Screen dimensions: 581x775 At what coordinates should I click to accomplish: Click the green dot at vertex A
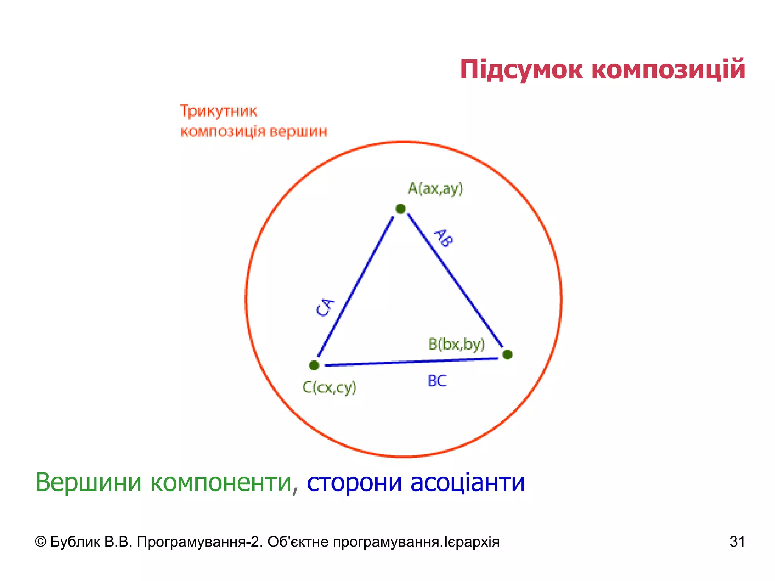pyautogui.click(x=400, y=208)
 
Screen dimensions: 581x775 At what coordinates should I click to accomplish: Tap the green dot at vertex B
pyautogui.click(x=507, y=354)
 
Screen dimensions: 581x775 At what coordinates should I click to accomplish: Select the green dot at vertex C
pyautogui.click(x=314, y=365)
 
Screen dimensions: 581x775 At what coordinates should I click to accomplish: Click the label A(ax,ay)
pyautogui.click(x=435, y=188)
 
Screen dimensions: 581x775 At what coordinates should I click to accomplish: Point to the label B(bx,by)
pyautogui.click(x=456, y=344)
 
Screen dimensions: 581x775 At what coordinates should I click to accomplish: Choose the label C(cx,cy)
pyautogui.click(x=329, y=387)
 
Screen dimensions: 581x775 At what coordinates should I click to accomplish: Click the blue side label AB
pyautogui.click(x=443, y=238)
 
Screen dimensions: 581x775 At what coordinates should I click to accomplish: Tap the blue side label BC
pyautogui.click(x=437, y=381)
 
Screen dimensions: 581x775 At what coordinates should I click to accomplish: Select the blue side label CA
pyautogui.click(x=325, y=308)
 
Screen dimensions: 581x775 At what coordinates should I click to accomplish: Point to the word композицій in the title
pyautogui.click(x=668, y=70)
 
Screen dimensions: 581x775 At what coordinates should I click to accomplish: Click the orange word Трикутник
pyautogui.click(x=218, y=111)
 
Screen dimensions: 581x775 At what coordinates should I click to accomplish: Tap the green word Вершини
pyautogui.click(x=89, y=482)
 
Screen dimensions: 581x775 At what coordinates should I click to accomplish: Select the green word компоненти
pyautogui.click(x=221, y=482)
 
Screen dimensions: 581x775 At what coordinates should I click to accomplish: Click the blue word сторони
pyautogui.click(x=354, y=482)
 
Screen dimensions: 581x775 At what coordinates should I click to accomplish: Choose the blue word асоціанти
pyautogui.click(x=468, y=482)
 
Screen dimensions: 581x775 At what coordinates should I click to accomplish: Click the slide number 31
pyautogui.click(x=737, y=542)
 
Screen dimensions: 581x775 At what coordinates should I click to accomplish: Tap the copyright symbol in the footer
pyautogui.click(x=40, y=542)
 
